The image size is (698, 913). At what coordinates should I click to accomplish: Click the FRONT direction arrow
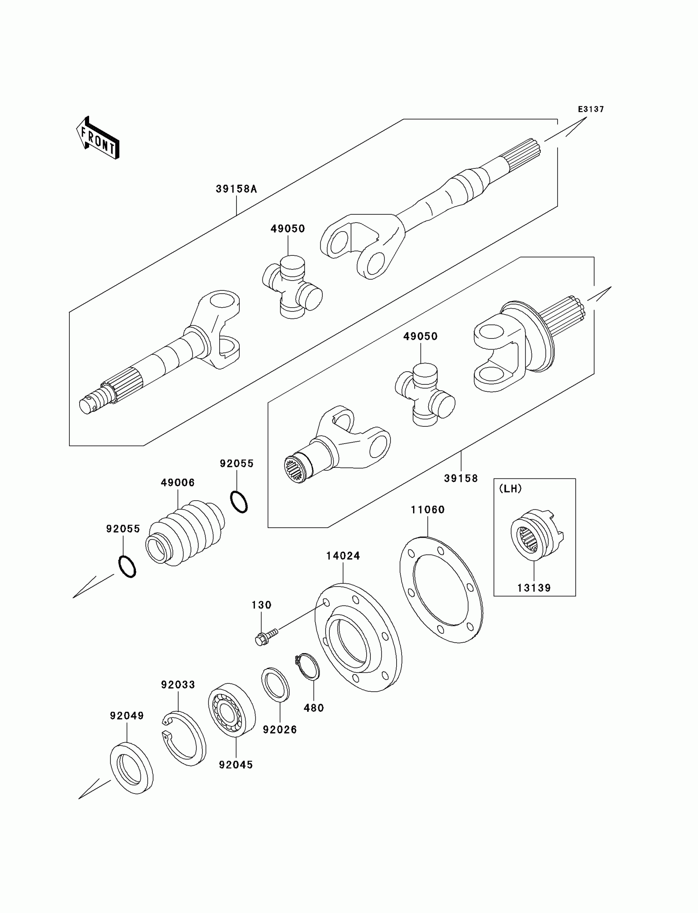click(98, 138)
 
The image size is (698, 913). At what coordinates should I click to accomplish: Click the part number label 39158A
click(236, 189)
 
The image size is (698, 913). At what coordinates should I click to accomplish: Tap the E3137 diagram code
click(591, 109)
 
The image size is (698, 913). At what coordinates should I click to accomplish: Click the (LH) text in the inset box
click(510, 489)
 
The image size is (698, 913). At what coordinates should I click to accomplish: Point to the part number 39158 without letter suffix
click(461, 478)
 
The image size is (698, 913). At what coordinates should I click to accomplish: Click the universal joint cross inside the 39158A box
click(292, 287)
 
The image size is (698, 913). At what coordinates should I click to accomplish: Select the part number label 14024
click(343, 556)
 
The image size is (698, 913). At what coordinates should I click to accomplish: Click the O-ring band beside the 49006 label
click(239, 502)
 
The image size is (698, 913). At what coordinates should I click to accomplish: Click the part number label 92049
click(127, 715)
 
